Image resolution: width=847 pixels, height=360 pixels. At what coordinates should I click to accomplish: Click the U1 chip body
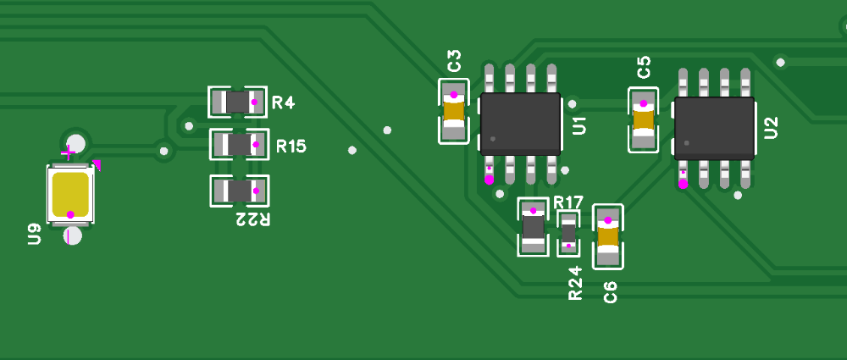click(x=520, y=124)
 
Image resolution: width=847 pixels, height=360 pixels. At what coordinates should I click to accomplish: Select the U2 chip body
click(x=714, y=128)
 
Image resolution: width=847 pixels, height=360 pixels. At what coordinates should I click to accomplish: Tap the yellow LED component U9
click(x=70, y=195)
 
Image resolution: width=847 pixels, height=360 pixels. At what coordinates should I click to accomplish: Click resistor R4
click(x=238, y=102)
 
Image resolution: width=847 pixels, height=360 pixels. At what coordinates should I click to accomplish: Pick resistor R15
click(x=239, y=145)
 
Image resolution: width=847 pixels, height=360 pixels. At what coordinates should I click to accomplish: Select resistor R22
click(x=239, y=191)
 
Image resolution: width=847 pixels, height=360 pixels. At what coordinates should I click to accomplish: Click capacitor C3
click(x=454, y=111)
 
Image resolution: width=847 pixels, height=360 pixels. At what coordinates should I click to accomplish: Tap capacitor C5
click(x=643, y=120)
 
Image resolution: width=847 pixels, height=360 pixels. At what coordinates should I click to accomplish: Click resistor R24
click(x=568, y=233)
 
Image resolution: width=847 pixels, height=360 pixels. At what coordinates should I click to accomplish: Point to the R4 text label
click(x=283, y=103)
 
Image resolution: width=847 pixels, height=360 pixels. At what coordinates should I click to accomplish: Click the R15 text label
click(x=291, y=147)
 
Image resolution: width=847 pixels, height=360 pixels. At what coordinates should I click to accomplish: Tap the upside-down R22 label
click(x=252, y=220)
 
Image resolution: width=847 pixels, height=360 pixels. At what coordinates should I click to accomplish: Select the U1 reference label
click(x=579, y=125)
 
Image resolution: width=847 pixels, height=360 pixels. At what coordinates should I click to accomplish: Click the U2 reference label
click(x=771, y=128)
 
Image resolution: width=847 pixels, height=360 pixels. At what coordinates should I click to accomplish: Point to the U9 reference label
click(x=35, y=234)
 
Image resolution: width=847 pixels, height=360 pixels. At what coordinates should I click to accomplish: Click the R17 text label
click(x=568, y=202)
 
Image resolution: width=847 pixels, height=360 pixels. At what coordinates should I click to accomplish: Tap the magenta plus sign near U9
click(x=68, y=153)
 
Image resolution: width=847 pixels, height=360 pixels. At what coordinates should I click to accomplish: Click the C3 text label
click(x=455, y=61)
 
